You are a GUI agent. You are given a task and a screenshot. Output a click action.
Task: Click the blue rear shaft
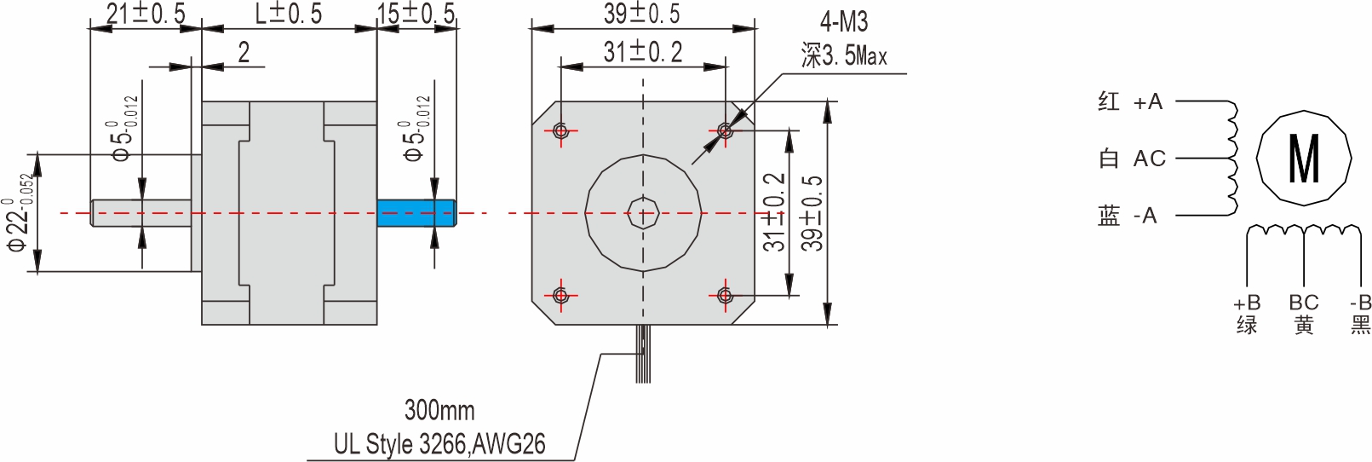click(416, 213)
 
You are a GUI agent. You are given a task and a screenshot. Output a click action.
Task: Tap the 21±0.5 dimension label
click(145, 14)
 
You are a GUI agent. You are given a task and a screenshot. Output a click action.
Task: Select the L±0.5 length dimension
click(289, 14)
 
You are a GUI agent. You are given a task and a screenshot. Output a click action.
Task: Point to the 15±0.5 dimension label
click(416, 14)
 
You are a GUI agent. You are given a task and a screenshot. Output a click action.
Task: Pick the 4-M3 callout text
click(843, 22)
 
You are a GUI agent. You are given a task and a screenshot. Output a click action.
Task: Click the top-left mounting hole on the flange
click(560, 130)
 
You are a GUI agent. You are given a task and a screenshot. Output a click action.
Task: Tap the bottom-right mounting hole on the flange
click(725, 295)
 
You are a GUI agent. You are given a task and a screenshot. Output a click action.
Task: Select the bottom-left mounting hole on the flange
click(560, 295)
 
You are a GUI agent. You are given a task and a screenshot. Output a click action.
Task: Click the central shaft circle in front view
click(643, 213)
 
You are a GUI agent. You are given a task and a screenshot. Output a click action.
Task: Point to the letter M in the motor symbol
click(1304, 159)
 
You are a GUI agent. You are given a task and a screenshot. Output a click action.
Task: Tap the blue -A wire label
click(1128, 216)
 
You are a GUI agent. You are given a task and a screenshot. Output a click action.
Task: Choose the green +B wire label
click(1247, 314)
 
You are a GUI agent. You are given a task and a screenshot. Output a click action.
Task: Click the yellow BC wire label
click(1303, 314)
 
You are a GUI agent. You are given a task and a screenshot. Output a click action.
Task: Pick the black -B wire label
click(1360, 314)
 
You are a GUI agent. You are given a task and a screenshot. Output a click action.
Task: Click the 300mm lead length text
click(439, 410)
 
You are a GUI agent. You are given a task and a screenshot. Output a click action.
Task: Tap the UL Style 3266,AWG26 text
click(439, 444)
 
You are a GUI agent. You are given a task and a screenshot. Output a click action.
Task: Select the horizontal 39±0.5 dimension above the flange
click(642, 14)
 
